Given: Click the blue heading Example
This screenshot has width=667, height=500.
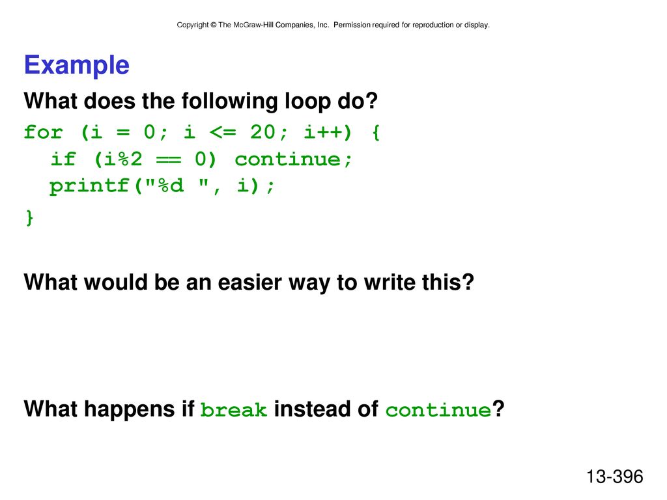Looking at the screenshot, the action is tap(77, 65).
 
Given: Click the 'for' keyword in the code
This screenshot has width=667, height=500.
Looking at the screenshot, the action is tap(44, 132).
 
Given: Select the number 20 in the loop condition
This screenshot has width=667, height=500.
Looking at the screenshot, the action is tap(263, 132).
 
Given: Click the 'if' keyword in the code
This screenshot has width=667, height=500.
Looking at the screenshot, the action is tap(63, 159).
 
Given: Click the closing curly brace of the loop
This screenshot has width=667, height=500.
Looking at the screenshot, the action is tap(29, 218).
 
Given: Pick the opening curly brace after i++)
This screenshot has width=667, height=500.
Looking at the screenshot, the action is tap(376, 132).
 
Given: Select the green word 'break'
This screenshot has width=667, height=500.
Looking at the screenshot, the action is tap(234, 410).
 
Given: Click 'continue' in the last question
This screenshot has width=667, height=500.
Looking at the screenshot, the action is tap(438, 410).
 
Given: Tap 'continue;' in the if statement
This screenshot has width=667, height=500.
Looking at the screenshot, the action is tap(294, 160).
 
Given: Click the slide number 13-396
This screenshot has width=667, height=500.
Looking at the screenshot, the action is tap(615, 477).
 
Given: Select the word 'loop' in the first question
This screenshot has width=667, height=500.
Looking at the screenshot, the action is tap(307, 101).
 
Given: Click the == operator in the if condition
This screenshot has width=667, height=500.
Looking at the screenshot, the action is tap(169, 160).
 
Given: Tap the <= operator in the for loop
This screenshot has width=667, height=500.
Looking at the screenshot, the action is tap(223, 132).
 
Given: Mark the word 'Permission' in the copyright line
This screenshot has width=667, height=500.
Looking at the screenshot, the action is tap(352, 25).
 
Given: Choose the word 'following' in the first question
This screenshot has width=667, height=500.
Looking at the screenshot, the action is tap(230, 101).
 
